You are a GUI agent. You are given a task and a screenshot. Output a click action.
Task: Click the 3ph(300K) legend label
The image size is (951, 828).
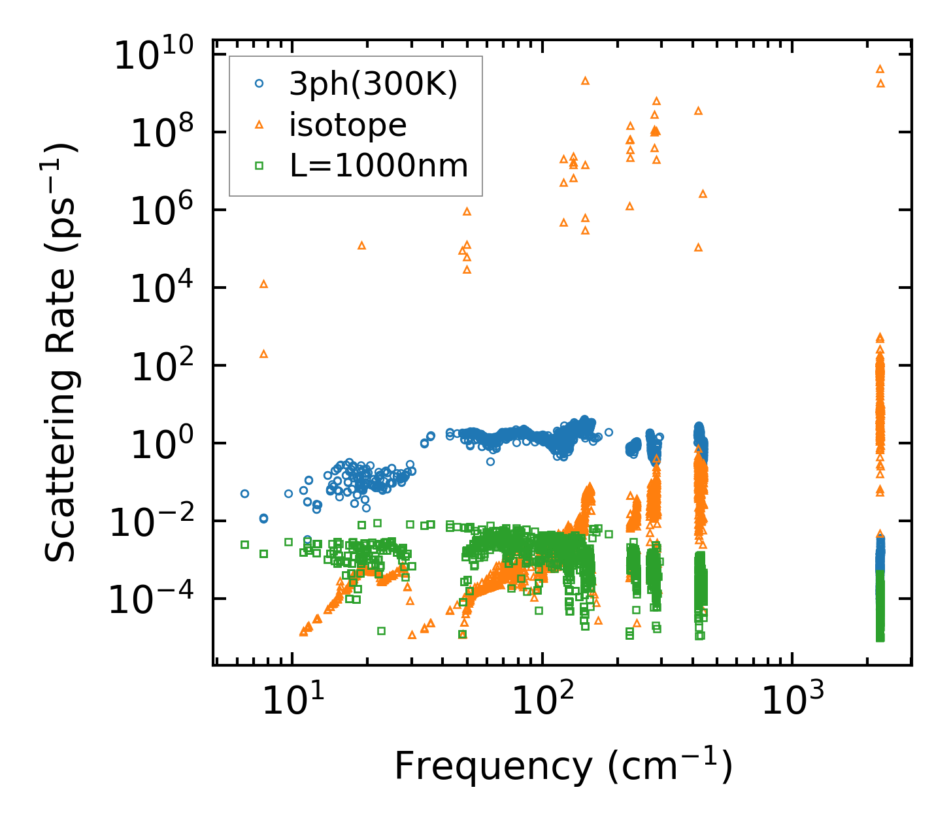coord(373,85)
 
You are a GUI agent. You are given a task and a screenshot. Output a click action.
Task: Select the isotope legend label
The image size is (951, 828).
coord(348,125)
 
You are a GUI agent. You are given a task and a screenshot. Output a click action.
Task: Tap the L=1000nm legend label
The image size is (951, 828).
coord(379,166)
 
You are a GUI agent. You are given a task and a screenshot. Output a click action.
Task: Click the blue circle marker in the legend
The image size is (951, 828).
coord(259,84)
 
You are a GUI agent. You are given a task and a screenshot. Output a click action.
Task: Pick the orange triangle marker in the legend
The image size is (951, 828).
coord(259,124)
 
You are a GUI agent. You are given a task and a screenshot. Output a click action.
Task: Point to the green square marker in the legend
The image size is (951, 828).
coord(259,165)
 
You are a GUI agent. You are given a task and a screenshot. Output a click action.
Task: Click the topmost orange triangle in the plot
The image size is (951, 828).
coord(880,69)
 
